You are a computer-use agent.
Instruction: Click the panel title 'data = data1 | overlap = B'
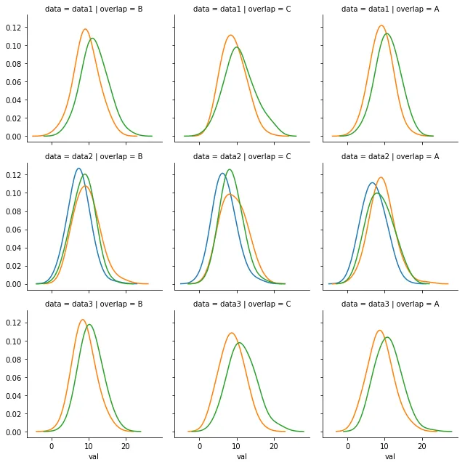tap(94, 9)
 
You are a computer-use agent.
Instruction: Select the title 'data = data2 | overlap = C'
tap(242, 156)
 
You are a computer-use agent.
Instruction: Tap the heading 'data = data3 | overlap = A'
tap(390, 304)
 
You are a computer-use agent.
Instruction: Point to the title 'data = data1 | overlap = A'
tap(390, 9)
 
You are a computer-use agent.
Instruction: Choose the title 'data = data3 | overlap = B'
tap(94, 304)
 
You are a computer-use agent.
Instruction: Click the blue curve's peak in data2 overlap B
tap(79, 169)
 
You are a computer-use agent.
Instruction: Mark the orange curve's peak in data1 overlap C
tap(231, 35)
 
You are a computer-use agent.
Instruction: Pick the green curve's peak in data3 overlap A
tap(387, 337)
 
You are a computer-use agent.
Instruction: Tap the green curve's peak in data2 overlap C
tap(230, 169)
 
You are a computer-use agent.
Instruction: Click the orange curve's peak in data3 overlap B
tap(82, 320)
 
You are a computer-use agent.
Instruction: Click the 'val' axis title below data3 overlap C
tap(242, 456)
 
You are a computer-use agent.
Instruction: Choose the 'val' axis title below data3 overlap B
tap(94, 456)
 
